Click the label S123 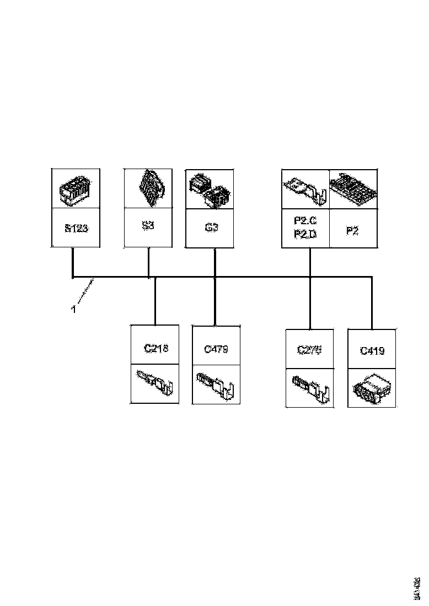tap(75, 228)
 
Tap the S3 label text tap(147, 226)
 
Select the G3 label tap(212, 227)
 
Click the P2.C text tap(305, 221)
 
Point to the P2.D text tap(305, 235)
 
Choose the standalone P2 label tap(352, 231)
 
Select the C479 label tap(216, 349)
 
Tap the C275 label tap(310, 350)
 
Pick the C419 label tap(372, 350)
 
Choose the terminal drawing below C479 tap(216, 384)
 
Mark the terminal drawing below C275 tap(310, 387)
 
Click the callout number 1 tap(73, 310)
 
